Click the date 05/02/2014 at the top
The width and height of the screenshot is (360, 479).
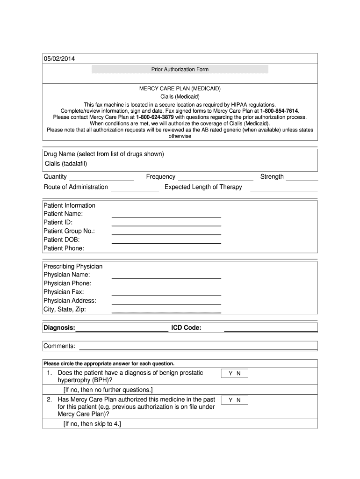[59, 59]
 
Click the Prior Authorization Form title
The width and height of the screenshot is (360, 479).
[180, 69]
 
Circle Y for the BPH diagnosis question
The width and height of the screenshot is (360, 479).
[230, 374]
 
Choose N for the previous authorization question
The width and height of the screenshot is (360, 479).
[238, 400]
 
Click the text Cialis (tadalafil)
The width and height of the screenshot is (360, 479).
[66, 163]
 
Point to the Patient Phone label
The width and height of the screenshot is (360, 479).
[64, 248]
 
